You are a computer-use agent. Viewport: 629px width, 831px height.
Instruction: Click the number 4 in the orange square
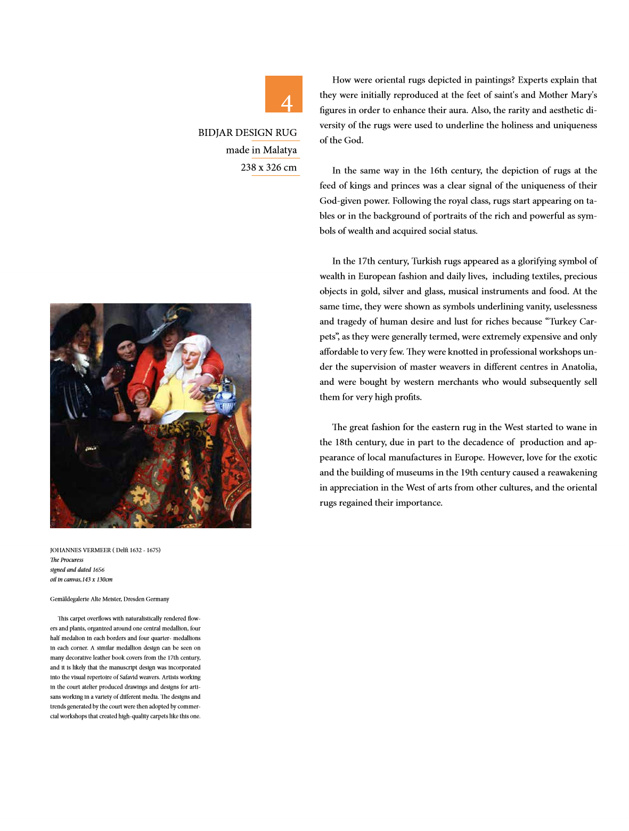tap(287, 103)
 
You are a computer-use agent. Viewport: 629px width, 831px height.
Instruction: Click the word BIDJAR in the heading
tap(216, 133)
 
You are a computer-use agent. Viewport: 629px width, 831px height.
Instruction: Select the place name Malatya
tap(280, 150)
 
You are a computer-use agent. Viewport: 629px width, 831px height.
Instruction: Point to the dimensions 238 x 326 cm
tap(268, 167)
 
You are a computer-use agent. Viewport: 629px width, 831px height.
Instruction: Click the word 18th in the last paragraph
tap(344, 442)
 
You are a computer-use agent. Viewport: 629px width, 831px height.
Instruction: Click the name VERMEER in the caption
tap(96, 550)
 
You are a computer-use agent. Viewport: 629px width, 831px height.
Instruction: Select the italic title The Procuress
tap(67, 560)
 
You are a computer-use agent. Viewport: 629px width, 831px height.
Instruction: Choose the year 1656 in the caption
tap(98, 570)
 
